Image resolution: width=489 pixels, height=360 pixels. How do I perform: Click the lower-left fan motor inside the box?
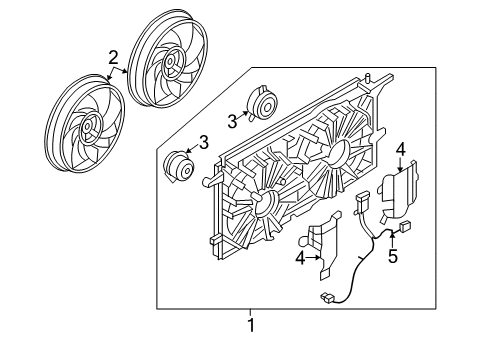pyautogui.click(x=181, y=166)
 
